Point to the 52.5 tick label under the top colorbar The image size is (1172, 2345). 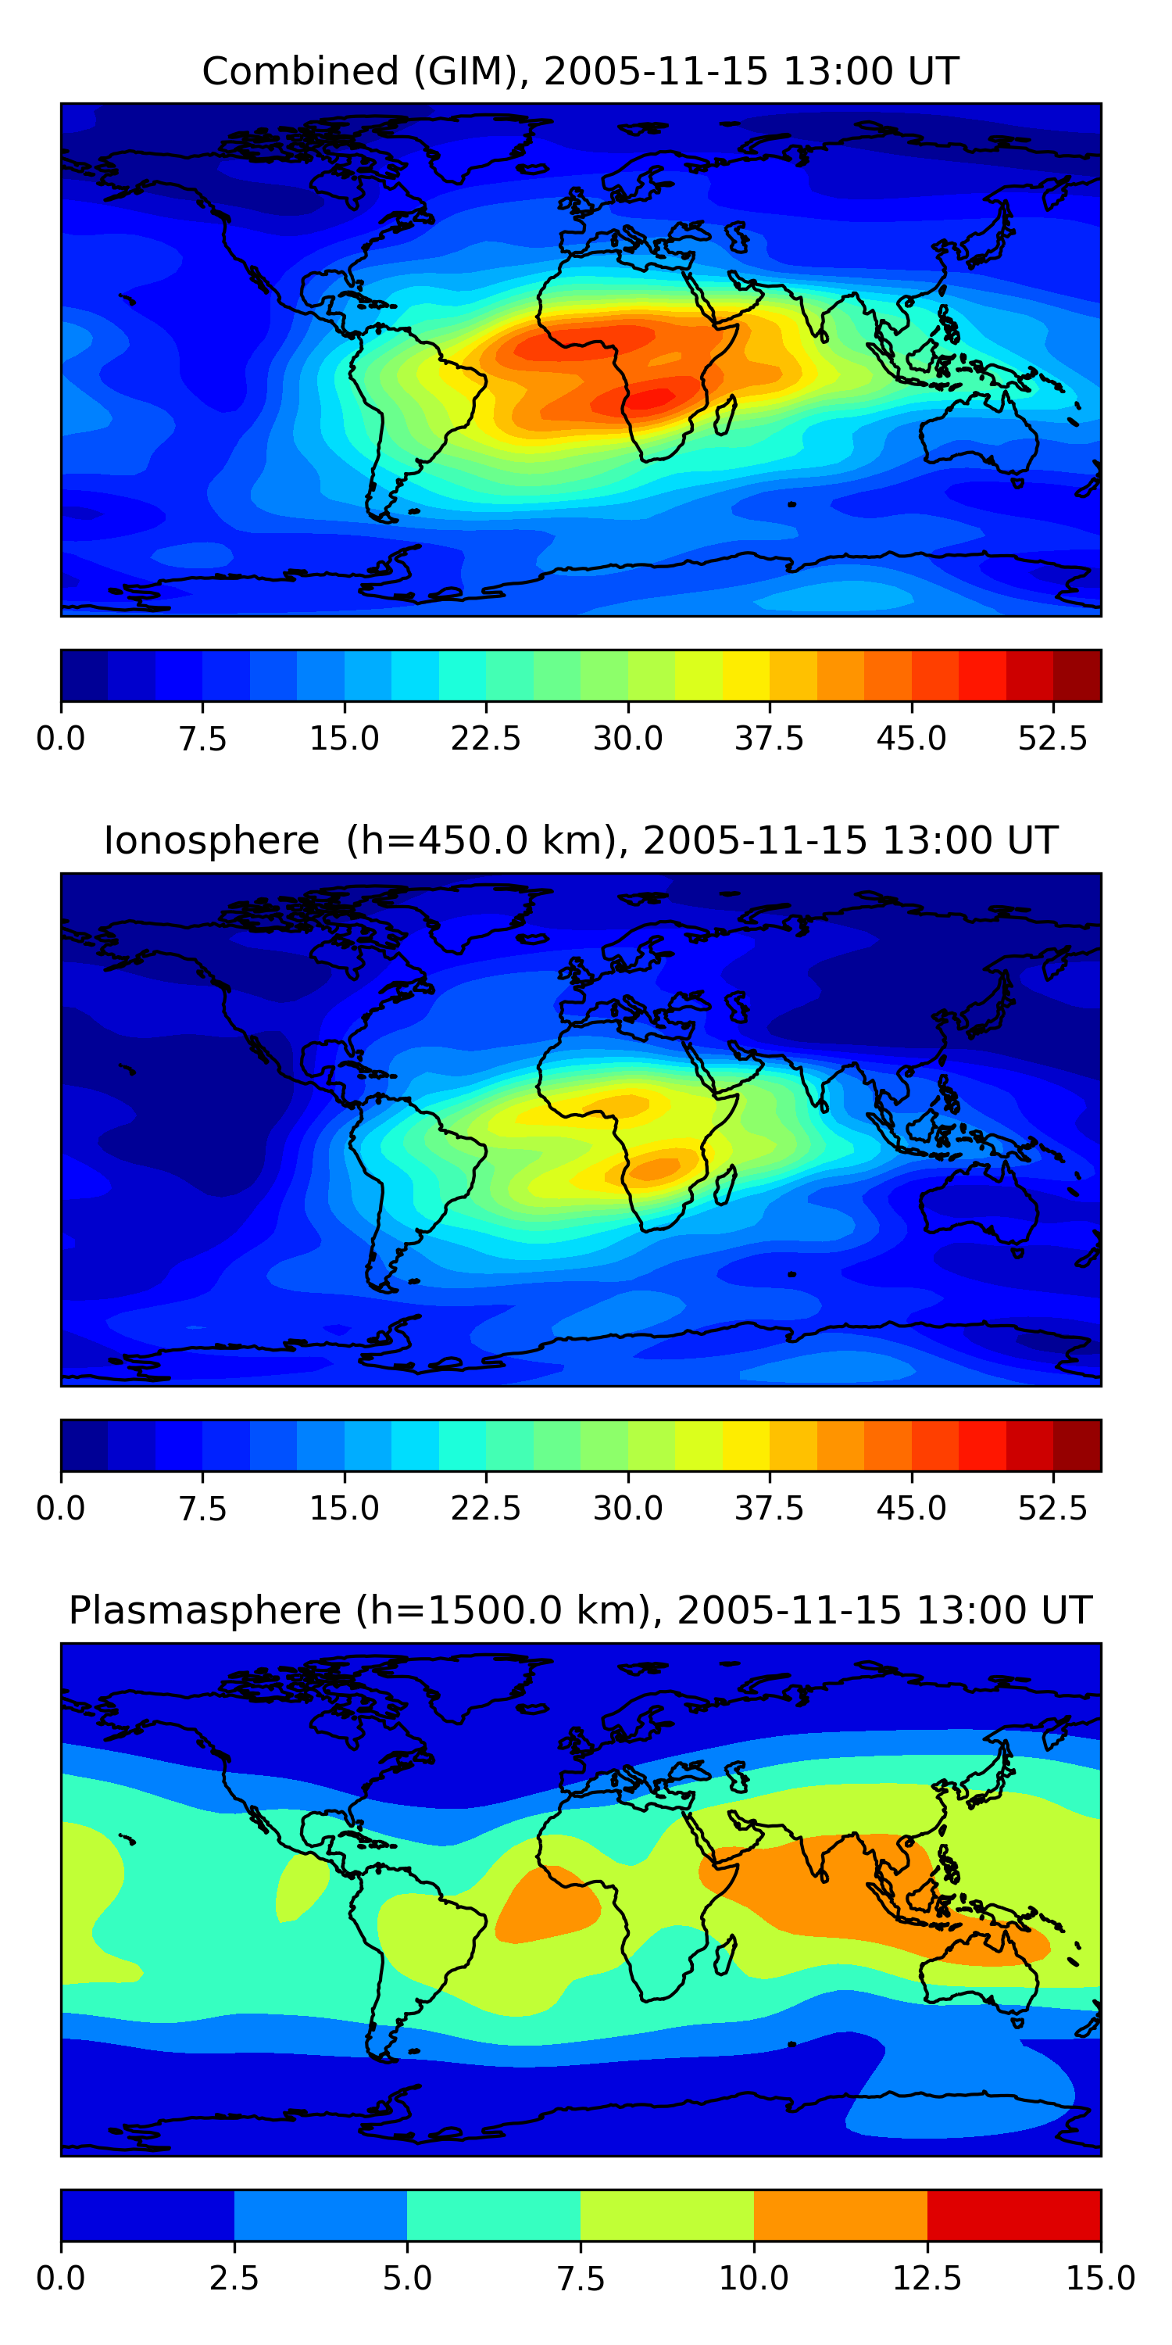point(1052,738)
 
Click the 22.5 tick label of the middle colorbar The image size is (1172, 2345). point(485,1508)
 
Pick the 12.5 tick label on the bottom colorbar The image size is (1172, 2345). point(927,2278)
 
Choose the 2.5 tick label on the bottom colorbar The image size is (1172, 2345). point(234,2278)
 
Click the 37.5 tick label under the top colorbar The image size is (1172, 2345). point(769,738)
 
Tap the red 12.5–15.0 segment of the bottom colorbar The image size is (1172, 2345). point(1013,2214)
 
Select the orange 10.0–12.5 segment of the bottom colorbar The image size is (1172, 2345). point(840,2214)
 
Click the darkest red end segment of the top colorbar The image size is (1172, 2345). point(1077,675)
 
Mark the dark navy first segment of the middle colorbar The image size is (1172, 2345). point(84,1445)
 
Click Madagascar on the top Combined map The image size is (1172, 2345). point(725,415)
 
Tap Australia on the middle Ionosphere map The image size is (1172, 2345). point(978,1201)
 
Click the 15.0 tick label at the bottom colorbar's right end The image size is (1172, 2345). point(1099,2278)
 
